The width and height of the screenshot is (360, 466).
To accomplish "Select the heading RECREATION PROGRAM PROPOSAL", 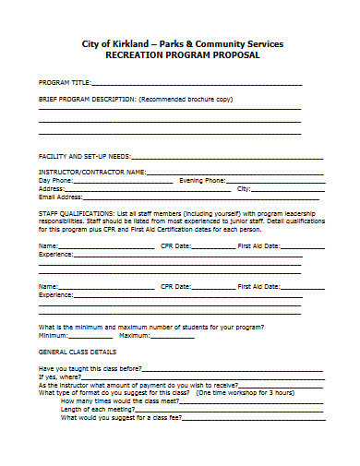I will pyautogui.click(x=179, y=55).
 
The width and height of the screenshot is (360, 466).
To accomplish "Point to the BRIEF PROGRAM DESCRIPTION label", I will pyautogui.click(x=86, y=98).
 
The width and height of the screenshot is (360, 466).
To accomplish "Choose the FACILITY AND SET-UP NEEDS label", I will pyautogui.click(x=84, y=155).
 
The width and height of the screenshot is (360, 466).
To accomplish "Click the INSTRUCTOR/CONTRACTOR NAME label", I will pyautogui.click(x=90, y=172).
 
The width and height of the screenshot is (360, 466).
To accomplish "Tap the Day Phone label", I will pyautogui.click(x=54, y=180).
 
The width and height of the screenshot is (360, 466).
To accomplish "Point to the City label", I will pyautogui.click(x=244, y=188).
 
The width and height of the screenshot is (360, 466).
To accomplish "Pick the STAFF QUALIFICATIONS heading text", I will pyautogui.click(x=77, y=213).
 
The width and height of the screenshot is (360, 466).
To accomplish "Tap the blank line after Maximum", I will pyautogui.click(x=172, y=336).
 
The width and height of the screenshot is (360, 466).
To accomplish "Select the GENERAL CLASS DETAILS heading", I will pyautogui.click(x=77, y=352).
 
